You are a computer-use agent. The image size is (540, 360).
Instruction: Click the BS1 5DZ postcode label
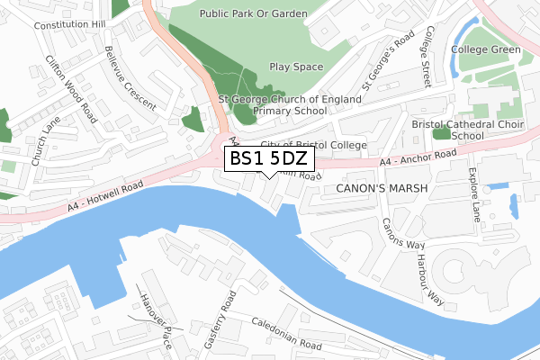point(268,158)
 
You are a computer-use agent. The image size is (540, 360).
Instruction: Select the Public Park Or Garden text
point(254,14)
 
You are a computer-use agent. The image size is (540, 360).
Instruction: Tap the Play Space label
point(295,67)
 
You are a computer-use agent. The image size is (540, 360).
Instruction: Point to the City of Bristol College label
point(313,145)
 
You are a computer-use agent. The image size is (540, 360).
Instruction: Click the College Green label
point(486,49)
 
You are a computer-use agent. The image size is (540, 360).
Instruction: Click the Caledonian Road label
point(287,334)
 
